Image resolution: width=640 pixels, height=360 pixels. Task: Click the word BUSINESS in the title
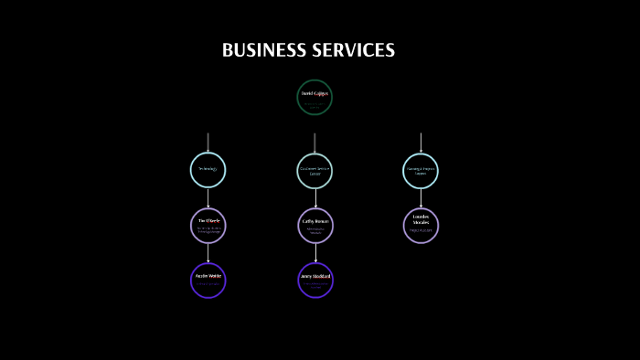[264, 50]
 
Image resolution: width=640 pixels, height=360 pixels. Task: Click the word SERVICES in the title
[352, 50]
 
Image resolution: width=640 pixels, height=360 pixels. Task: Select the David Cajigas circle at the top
[315, 98]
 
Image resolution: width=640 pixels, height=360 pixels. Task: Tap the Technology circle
[208, 170]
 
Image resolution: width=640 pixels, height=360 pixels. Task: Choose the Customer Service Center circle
[315, 170]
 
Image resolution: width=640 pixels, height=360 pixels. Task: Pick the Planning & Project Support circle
[421, 170]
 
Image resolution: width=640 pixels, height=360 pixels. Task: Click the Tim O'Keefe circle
[208, 226]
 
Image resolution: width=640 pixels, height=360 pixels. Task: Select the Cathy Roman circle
[315, 226]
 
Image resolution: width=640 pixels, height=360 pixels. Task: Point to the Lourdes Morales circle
[421, 226]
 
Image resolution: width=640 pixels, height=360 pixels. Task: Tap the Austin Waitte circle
[208, 280]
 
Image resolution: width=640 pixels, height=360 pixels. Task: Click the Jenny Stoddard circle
[315, 280]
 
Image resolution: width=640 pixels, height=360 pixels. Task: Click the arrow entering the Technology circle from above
[208, 143]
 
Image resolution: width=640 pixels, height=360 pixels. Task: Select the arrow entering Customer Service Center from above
[315, 143]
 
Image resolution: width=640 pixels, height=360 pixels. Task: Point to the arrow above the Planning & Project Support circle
[421, 143]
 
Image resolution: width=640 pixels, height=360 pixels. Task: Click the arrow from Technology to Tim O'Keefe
[208, 198]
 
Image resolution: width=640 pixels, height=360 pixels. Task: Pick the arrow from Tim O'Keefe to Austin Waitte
[208, 253]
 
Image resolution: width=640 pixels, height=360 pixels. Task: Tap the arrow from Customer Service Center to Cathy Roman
[315, 198]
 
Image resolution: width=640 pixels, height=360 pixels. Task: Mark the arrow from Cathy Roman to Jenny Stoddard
[315, 253]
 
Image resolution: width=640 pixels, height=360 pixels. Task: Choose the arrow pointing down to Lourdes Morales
[421, 198]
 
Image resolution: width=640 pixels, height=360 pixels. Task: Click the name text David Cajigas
[315, 93]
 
